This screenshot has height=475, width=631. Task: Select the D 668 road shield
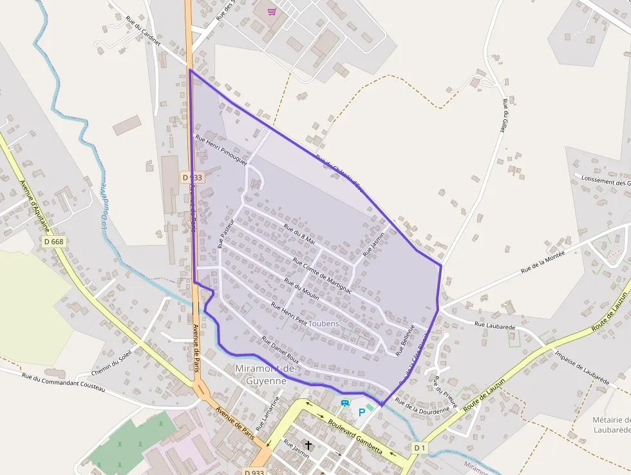pos(54,241)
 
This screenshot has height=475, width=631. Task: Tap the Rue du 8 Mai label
pos(299,235)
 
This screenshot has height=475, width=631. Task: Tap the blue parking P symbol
pos(361,412)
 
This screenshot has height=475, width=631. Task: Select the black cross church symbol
pos(308,445)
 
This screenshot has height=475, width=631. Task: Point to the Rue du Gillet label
pos(502,116)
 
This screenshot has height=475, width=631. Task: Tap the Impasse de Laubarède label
pos(582,367)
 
